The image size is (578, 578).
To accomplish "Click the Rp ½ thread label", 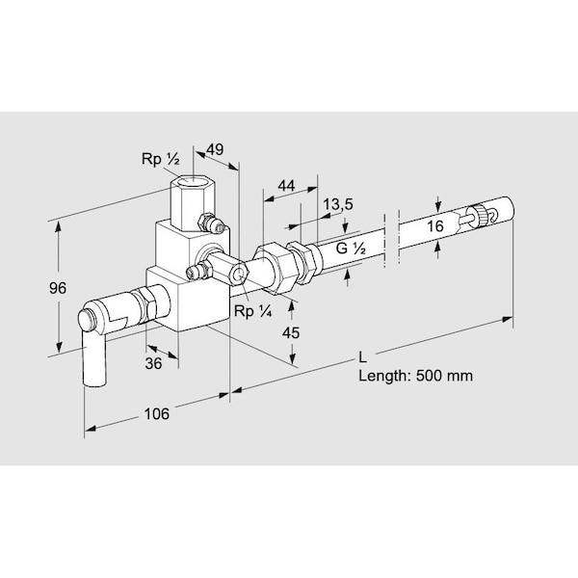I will click(x=159, y=159).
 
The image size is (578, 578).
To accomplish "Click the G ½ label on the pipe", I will click(x=351, y=249).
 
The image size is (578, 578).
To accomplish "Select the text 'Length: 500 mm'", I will click(x=415, y=376).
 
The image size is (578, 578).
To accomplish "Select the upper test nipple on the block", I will click(x=213, y=225).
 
